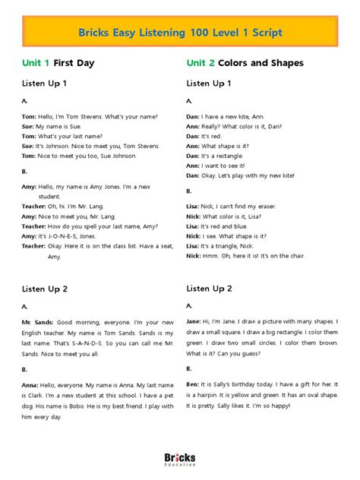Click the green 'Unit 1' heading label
[36, 62]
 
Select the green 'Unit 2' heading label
[201, 62]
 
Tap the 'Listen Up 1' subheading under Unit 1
[44, 82]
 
